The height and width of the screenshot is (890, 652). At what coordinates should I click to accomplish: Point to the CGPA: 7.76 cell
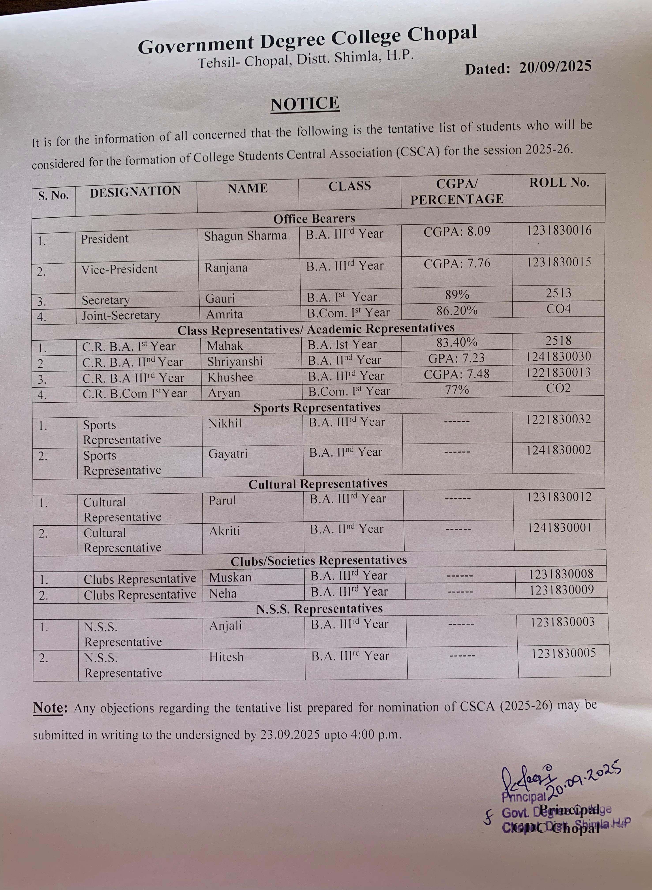pos(457,263)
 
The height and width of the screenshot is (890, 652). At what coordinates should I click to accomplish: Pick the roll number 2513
pos(558,293)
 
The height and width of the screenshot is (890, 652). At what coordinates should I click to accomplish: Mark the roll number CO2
pos(558,388)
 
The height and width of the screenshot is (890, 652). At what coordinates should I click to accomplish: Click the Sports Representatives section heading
pos(317,407)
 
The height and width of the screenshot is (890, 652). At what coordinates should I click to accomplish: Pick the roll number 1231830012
pos(559,497)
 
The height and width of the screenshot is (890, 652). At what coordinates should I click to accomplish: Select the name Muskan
pos(230,577)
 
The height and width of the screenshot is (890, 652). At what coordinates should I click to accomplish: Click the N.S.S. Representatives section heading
pos(319,609)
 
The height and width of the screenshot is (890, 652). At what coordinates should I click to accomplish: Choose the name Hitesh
pos(226,657)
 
